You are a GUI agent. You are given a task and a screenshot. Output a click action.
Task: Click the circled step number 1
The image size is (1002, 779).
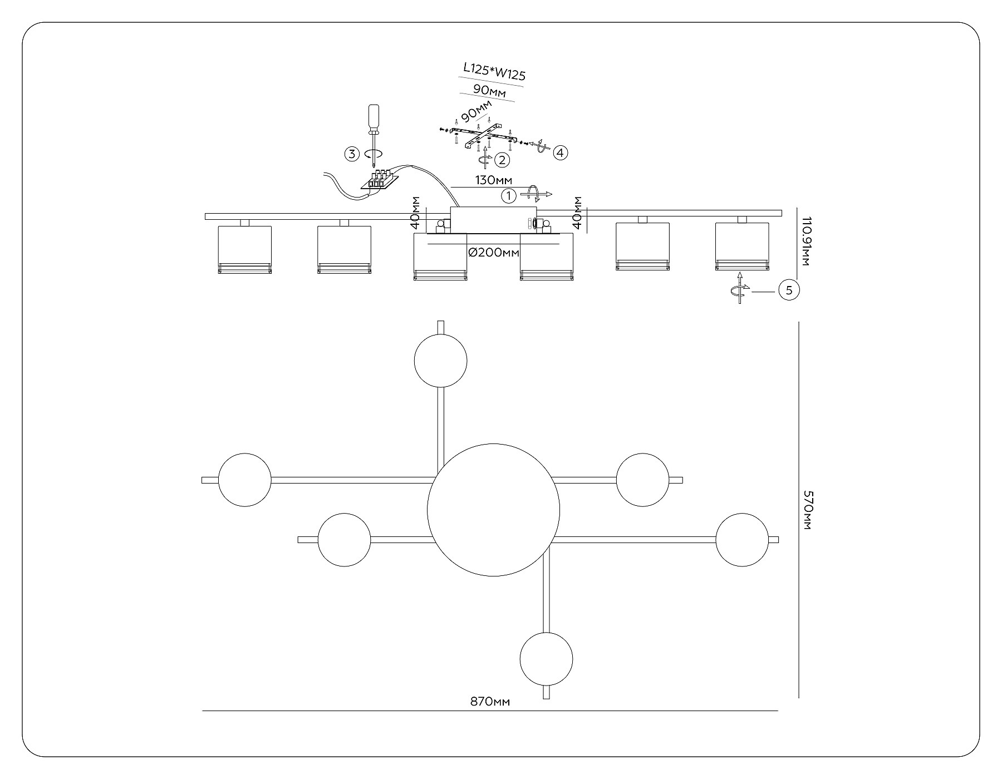508,195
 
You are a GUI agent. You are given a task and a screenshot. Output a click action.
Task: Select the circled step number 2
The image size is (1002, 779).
502,160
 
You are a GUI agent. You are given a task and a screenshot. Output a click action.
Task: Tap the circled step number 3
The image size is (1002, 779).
352,154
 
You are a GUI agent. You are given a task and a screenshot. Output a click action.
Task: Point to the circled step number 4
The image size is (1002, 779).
561,151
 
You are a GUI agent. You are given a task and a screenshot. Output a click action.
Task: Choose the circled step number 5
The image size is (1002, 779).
789,290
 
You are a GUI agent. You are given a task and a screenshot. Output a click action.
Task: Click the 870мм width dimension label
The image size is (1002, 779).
490,702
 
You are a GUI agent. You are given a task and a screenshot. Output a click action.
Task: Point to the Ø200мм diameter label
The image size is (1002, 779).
494,253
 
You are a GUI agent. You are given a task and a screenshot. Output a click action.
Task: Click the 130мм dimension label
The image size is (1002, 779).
493,180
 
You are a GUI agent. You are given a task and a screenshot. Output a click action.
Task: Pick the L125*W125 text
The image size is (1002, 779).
495,71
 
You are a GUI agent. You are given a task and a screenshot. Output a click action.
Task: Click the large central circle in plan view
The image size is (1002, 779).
493,510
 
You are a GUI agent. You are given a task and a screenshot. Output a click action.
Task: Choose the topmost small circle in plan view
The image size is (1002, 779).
440,361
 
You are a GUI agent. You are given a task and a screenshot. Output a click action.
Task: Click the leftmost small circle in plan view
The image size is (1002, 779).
245,480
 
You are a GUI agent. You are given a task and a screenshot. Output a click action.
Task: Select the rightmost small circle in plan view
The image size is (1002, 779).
741,540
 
